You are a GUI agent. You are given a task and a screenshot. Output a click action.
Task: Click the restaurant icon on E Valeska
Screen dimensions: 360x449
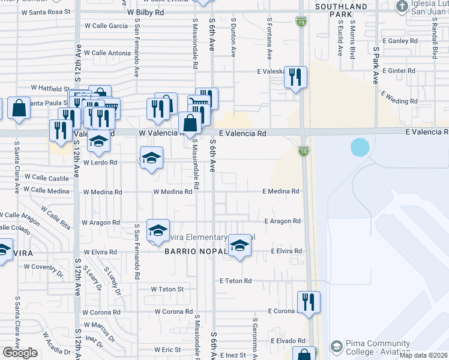point(295,77)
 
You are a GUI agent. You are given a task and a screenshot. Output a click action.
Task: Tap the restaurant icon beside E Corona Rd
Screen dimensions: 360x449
point(309,303)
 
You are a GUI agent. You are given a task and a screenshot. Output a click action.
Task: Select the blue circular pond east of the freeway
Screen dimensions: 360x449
point(360,147)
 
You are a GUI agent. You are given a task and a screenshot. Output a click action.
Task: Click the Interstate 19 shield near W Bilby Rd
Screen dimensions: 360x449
point(301,22)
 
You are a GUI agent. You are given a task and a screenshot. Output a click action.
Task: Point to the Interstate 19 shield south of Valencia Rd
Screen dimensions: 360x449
point(303,153)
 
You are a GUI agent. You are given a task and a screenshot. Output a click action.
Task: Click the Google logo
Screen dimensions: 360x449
point(20,353)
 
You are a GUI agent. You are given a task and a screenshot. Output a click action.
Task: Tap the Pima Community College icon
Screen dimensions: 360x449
point(337,347)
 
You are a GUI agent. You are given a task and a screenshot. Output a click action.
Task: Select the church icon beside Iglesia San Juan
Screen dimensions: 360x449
point(401,7)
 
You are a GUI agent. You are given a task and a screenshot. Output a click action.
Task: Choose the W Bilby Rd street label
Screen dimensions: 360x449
point(145,11)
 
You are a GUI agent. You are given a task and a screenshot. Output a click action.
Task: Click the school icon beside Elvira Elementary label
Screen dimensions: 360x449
point(240,245)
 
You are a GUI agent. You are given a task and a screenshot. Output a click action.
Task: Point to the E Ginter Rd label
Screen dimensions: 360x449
point(399,71)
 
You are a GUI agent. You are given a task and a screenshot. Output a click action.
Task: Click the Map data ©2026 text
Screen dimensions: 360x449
point(423,355)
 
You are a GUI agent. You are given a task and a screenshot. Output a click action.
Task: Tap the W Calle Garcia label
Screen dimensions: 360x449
point(106,26)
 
